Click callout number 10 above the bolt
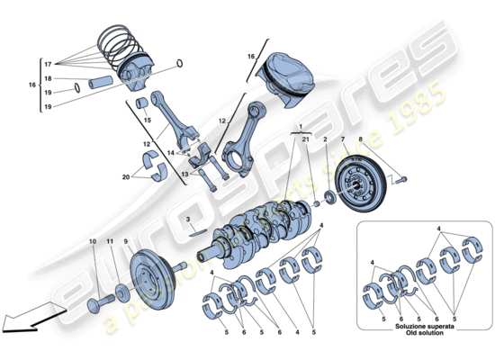click(x=93, y=242)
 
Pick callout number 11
click(x=111, y=242)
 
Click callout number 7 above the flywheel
click(x=342, y=139)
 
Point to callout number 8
click(x=364, y=139)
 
